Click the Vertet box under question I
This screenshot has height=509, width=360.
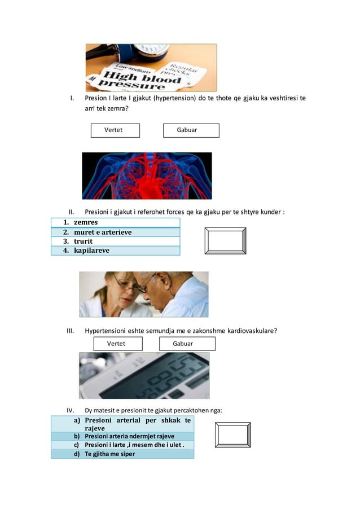click(115, 130)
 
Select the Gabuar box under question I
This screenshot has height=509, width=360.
click(191, 130)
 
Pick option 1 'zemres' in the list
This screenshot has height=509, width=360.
click(116, 222)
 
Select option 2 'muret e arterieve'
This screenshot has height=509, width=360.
click(116, 232)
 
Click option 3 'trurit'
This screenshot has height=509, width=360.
click(116, 242)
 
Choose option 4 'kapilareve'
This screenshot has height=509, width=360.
click(116, 251)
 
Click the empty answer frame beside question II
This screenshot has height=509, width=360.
click(225, 242)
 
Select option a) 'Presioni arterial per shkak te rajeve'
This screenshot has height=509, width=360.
click(122, 424)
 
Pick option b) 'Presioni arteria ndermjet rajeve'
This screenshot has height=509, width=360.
click(122, 436)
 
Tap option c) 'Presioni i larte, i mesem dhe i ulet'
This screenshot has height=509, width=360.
click(122, 445)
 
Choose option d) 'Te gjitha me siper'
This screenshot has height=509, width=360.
click(122, 454)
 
